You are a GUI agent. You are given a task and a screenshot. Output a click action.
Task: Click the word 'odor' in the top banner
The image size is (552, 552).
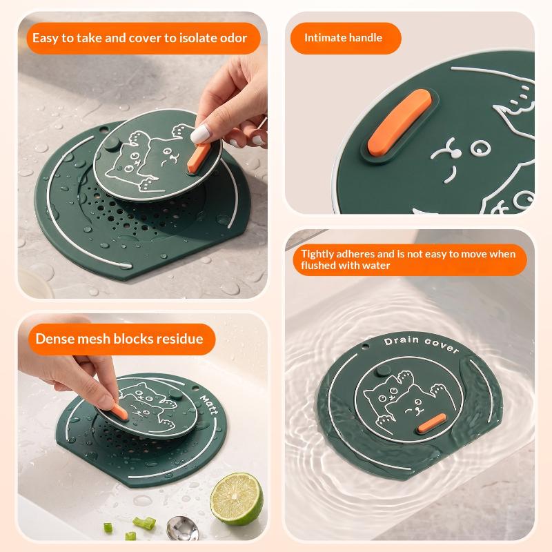(x=233, y=38)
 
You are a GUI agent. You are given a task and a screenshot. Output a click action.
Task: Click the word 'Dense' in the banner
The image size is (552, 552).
(x=55, y=339)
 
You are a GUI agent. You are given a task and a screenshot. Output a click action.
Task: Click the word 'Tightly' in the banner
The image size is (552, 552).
(x=317, y=255)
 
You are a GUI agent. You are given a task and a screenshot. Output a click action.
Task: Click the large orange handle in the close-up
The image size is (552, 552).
(x=400, y=122)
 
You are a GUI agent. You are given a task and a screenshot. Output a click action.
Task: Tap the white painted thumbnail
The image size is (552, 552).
(x=200, y=134)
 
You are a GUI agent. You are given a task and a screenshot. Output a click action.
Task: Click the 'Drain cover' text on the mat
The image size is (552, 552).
(x=422, y=344)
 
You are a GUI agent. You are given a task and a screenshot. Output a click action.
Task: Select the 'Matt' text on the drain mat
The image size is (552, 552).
(x=209, y=404)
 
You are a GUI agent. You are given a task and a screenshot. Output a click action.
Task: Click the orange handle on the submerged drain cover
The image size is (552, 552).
(x=431, y=423)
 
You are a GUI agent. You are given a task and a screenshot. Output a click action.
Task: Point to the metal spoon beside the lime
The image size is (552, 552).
(x=182, y=528)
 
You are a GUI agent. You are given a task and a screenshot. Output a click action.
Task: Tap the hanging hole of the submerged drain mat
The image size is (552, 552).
(x=366, y=346)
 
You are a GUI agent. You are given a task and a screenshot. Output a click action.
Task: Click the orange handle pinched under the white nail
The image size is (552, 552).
(x=198, y=158)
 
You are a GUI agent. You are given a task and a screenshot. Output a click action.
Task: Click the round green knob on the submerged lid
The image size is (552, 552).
(x=383, y=371)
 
